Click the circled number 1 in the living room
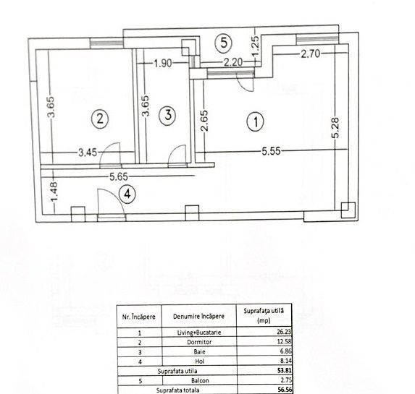click(x=255, y=122)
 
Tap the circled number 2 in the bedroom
click(x=100, y=116)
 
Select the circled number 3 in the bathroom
click(x=167, y=114)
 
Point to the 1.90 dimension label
click(x=163, y=64)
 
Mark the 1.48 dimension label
click(x=44, y=194)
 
